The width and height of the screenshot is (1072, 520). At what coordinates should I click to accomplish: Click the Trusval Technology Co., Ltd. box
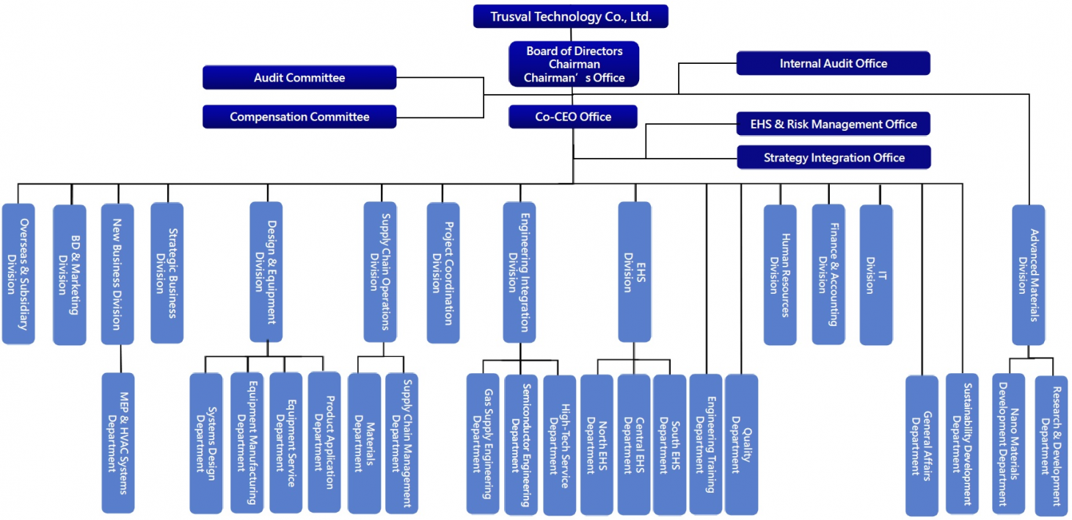[570, 16]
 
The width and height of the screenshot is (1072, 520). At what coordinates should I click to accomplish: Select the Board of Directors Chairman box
[574, 65]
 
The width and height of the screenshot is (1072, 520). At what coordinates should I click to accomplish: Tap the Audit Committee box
[299, 78]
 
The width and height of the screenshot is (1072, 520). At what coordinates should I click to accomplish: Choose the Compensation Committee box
[299, 117]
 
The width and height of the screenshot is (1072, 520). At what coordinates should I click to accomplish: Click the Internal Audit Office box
[833, 64]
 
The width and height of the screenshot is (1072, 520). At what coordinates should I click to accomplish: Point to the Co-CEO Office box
[573, 116]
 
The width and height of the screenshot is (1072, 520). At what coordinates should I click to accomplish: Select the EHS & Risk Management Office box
[833, 124]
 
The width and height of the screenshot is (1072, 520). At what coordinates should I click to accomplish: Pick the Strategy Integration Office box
[834, 157]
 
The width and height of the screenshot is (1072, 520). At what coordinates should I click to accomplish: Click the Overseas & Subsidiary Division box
[18, 274]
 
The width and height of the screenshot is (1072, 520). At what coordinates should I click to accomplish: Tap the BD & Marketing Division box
[69, 274]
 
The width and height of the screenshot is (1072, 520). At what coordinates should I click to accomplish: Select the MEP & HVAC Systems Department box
[117, 443]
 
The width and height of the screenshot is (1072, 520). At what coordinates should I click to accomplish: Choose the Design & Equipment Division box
[266, 272]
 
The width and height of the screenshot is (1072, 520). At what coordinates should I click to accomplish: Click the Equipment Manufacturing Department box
[247, 442]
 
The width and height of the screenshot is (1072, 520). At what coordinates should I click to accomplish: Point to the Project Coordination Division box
[443, 272]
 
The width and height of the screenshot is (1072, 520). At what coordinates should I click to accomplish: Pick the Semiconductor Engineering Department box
[520, 444]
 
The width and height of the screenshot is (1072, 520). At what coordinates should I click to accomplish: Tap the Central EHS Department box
[633, 444]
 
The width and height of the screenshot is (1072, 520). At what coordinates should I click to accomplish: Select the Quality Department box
[741, 444]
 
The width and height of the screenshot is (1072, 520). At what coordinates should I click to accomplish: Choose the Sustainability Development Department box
[961, 444]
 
